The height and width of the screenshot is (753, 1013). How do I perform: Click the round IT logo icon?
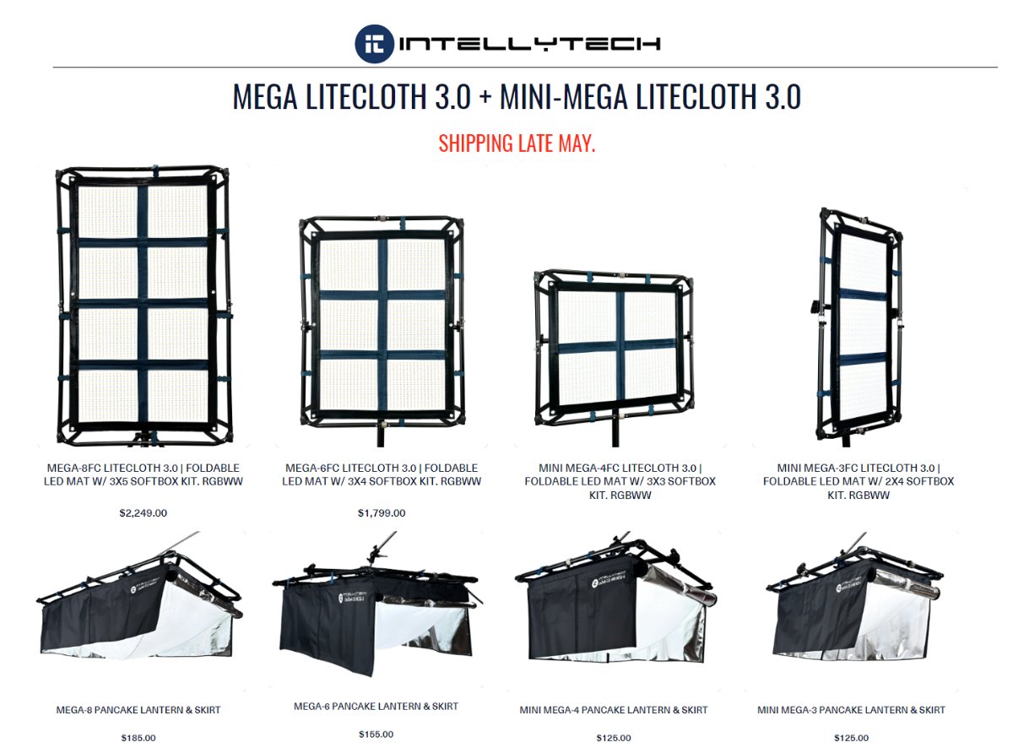[x=374, y=43]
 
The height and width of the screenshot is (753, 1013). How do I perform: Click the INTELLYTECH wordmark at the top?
[x=529, y=44]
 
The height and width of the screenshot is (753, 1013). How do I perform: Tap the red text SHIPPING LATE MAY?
[x=517, y=143]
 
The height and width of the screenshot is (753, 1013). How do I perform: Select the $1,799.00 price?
[x=382, y=512]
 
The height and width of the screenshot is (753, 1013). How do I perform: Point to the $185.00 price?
[x=138, y=738]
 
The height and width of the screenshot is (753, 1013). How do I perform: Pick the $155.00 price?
[x=376, y=734]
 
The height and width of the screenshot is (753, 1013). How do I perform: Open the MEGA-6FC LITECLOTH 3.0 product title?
[x=382, y=474]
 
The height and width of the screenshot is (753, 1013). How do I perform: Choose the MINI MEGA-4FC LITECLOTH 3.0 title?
[x=620, y=481]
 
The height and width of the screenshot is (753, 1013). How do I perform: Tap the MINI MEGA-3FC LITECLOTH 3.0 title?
[x=859, y=481]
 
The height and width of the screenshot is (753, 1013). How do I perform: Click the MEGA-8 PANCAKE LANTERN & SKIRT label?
[x=138, y=710]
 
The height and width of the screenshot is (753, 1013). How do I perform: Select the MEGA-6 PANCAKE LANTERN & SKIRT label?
[x=376, y=706]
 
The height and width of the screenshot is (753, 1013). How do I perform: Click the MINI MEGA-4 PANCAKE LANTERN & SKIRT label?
[x=614, y=710]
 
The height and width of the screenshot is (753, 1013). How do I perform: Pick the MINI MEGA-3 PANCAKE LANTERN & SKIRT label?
[x=851, y=710]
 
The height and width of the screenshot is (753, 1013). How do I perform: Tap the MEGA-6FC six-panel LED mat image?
[x=382, y=325]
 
